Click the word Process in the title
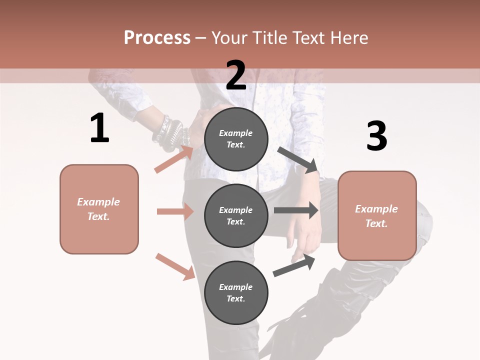pyautogui.click(x=157, y=38)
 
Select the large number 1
pyautogui.click(x=99, y=128)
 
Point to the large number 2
pyautogui.click(x=236, y=75)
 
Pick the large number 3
pyautogui.click(x=376, y=136)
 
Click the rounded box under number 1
pyautogui.click(x=99, y=209)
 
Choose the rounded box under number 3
pyautogui.click(x=377, y=216)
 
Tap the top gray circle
pyautogui.click(x=236, y=139)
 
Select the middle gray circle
pyautogui.click(x=236, y=216)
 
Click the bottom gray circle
pyautogui.click(x=236, y=293)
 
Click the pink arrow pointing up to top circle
pyautogui.click(x=174, y=159)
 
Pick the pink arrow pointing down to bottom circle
pyautogui.click(x=175, y=266)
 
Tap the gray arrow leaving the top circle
pyautogui.click(x=298, y=159)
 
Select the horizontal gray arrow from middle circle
pyautogui.click(x=296, y=210)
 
